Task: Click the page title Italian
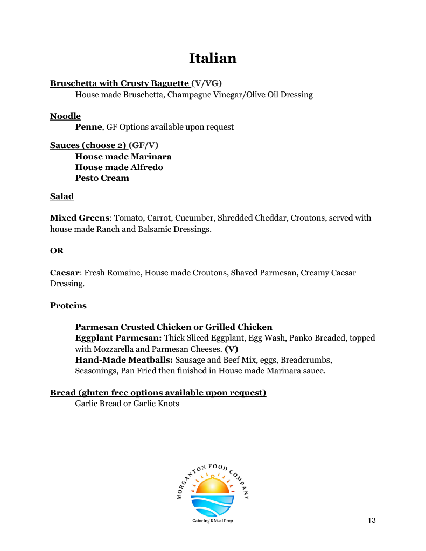pos(213,58)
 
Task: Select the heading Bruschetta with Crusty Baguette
pos(120,83)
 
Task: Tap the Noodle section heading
pos(65,116)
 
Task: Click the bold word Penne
pos(88,127)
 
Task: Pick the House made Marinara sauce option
pos(123,157)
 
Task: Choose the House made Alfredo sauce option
pos(119,167)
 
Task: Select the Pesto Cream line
pos(102,178)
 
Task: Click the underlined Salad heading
pos(62,196)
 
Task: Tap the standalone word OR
pos(56,251)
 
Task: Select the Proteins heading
pos(68,306)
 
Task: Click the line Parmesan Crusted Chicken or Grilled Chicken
pos(173,327)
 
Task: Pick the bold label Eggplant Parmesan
pos(118,338)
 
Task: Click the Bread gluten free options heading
pos(158,393)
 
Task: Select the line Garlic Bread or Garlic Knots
pos(127,403)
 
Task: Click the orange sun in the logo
pos(212,487)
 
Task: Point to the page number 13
pos(371,520)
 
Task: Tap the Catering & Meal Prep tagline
pos(213,521)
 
